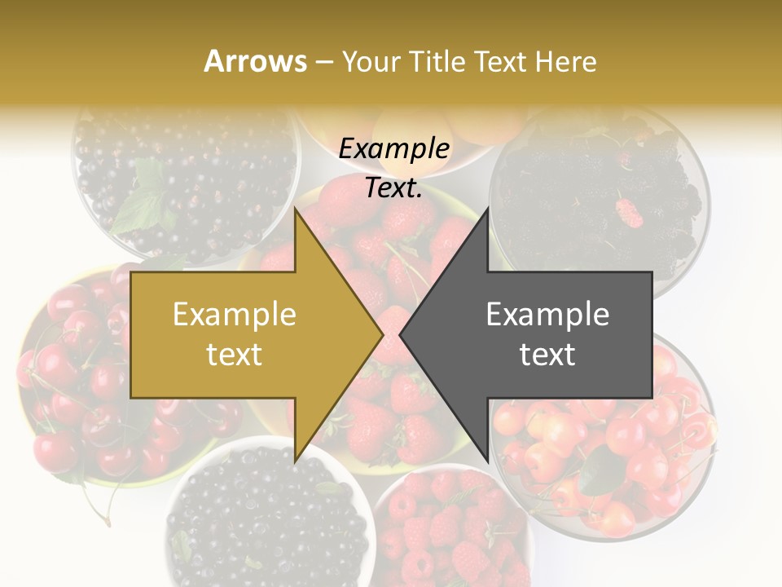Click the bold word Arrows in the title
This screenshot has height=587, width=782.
coord(255,61)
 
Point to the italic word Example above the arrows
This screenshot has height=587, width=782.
coord(393,149)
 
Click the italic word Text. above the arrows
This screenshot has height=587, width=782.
coord(393,188)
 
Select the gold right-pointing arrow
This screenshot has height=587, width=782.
coord(244,334)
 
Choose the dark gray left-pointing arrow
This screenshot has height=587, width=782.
coord(538,334)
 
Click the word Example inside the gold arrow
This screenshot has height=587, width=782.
coord(235,314)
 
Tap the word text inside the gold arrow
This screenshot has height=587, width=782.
coord(235,354)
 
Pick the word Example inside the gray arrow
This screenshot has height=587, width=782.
coord(547,314)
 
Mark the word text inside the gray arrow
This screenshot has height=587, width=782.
coord(547,354)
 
